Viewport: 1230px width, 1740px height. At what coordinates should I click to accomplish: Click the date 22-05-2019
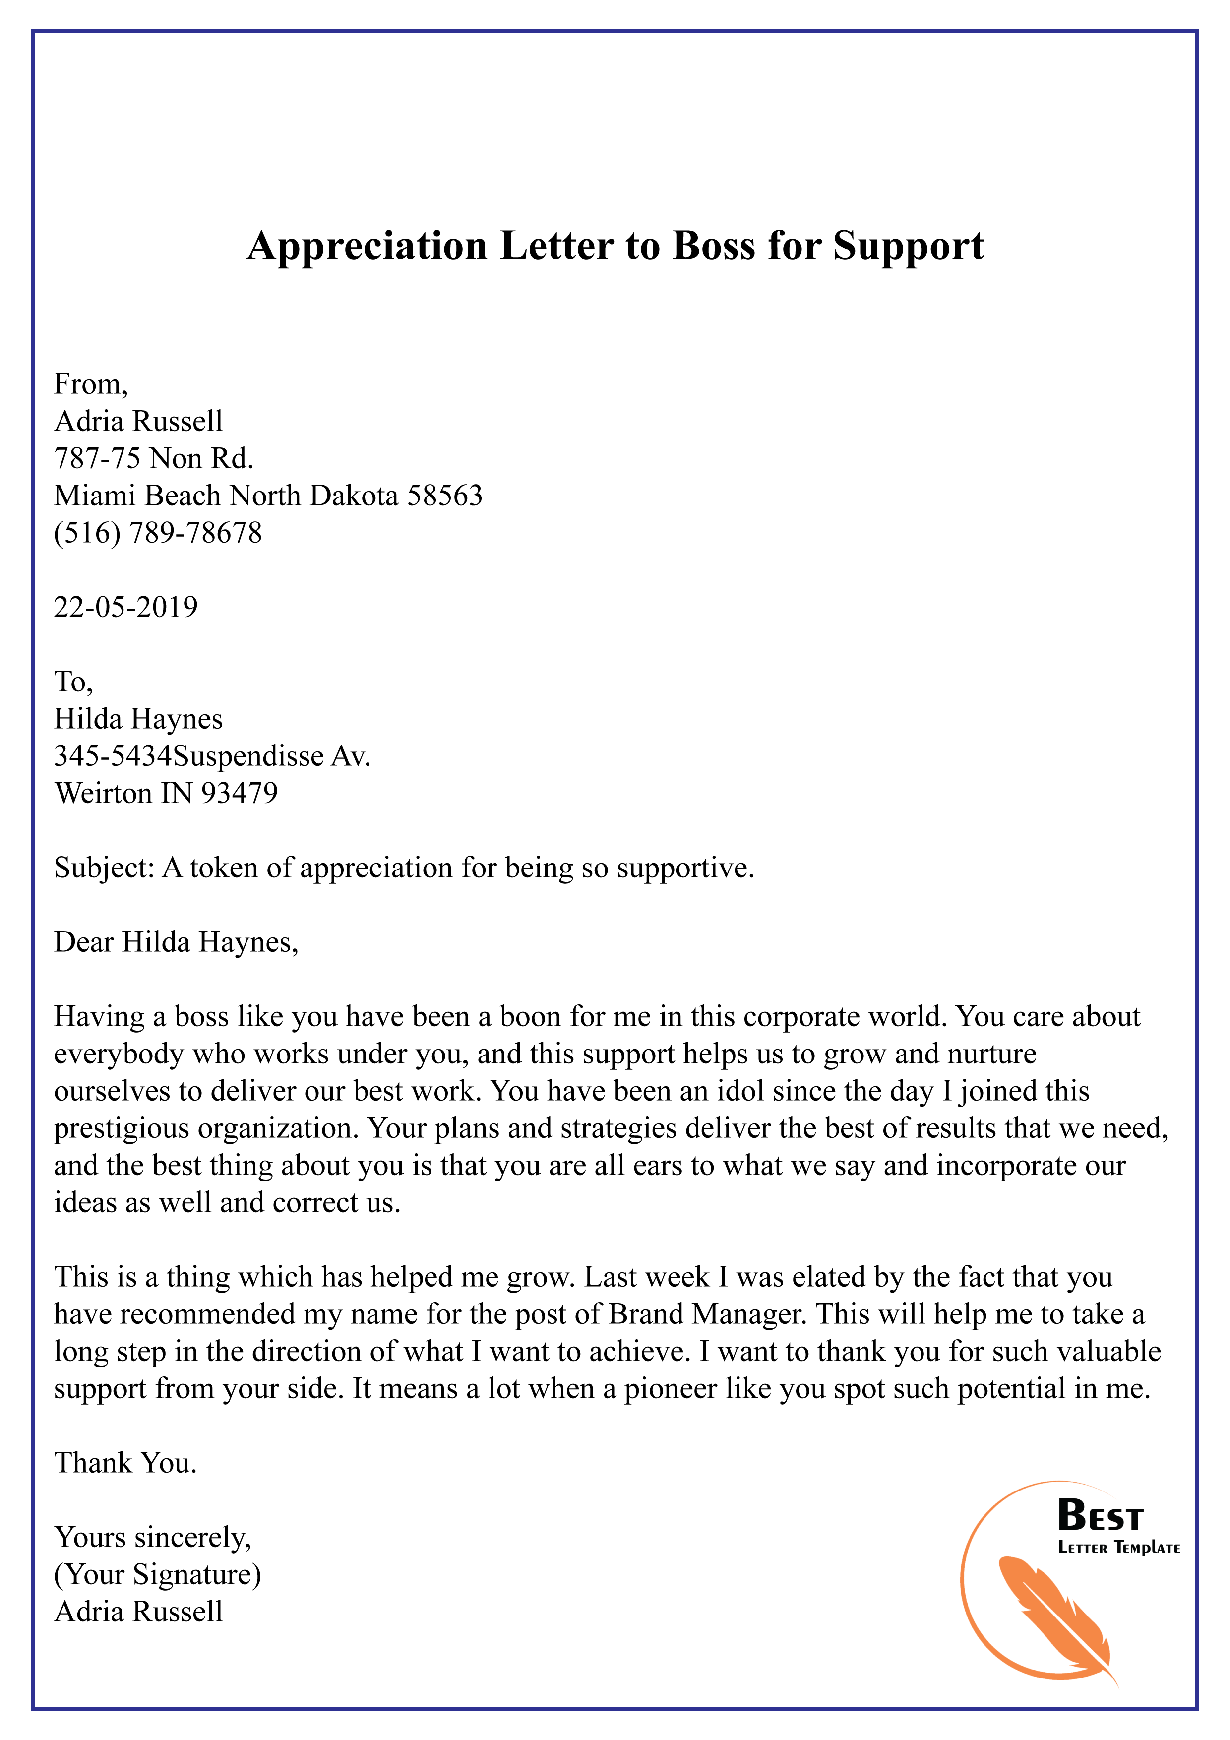pos(126,607)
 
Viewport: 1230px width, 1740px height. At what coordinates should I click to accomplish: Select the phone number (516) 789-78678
pos(158,533)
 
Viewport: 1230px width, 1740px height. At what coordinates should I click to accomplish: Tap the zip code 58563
pos(445,496)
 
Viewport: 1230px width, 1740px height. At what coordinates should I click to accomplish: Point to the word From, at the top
pos(91,385)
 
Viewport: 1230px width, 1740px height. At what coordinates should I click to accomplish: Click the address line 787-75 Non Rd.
pos(154,458)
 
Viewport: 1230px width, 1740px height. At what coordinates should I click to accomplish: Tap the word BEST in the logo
pos(1100,1516)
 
